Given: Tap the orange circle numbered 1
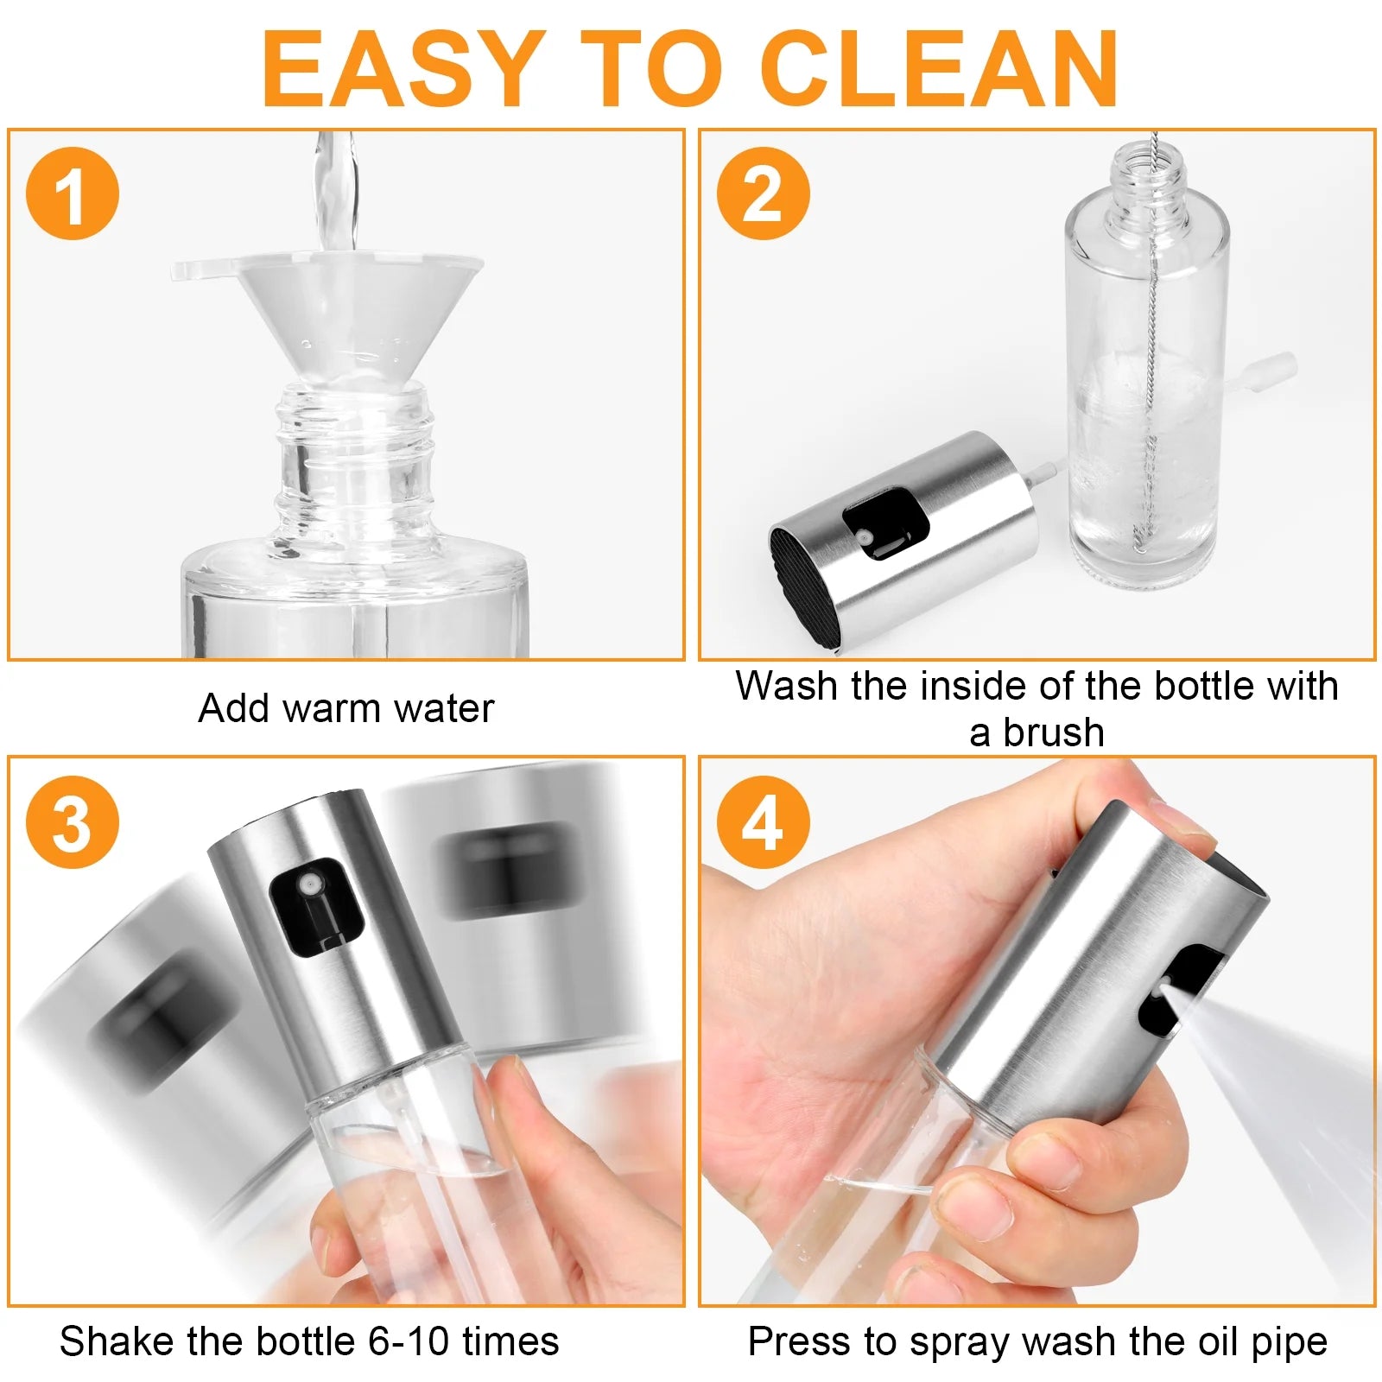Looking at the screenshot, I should pos(73,193).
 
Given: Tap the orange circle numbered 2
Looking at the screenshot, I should pos(764,193).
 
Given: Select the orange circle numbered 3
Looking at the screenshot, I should pos(73,822).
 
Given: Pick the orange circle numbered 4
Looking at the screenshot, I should pos(764,822).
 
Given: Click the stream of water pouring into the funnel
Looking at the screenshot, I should pos(335,190).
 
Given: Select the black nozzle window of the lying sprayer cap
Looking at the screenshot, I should pos(885,523).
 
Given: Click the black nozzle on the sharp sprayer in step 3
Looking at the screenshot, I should pos(314,907).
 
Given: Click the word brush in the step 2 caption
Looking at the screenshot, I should pos(1053,732).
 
